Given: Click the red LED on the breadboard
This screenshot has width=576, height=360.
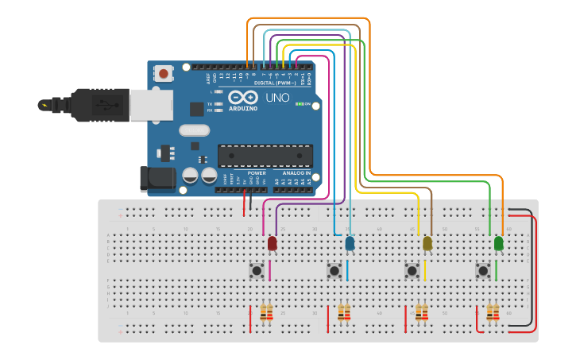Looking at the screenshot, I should (273, 243).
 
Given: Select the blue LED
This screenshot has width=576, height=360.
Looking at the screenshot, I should (350, 243).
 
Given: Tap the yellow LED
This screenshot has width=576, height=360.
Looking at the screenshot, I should (427, 243).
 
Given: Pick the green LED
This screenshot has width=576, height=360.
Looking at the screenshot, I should (498, 242).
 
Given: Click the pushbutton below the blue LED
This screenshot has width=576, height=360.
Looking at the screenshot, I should (334, 271).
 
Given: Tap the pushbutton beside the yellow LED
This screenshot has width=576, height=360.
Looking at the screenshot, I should (412, 271).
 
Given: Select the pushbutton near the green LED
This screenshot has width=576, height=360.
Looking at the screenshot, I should (482, 271).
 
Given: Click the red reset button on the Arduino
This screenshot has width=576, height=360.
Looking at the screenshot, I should (164, 73).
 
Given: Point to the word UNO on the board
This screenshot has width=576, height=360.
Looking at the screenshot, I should (276, 98).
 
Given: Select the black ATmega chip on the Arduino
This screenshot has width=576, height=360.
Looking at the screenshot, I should (265, 156).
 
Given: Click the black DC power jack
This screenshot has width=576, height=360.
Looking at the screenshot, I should (157, 179).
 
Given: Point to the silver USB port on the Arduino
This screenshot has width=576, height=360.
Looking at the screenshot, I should (151, 104).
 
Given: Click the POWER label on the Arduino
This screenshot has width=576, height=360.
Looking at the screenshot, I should (256, 172).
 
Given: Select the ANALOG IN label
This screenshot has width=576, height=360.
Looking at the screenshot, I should (292, 172).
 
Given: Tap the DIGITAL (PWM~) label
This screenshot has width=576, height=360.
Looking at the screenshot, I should (275, 83).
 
